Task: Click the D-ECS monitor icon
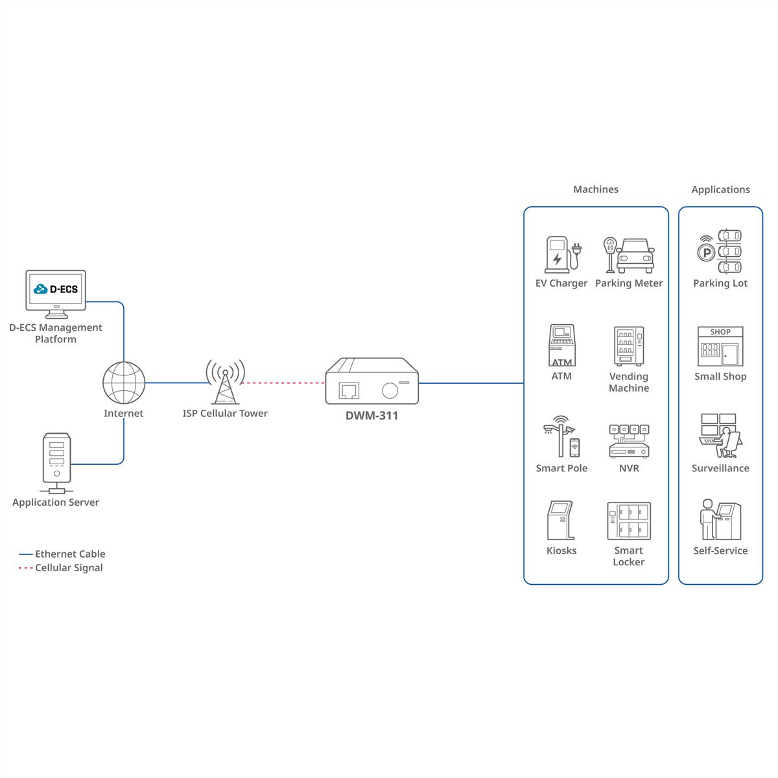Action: click(56, 294)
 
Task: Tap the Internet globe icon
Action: click(124, 383)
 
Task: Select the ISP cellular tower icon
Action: click(225, 381)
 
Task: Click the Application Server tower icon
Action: click(56, 463)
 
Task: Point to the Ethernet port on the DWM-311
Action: click(349, 390)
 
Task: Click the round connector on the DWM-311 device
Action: click(390, 390)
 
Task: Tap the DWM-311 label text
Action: click(372, 416)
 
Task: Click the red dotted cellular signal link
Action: click(283, 383)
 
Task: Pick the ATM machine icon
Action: click(561, 345)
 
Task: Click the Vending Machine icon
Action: click(629, 346)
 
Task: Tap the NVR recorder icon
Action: click(629, 442)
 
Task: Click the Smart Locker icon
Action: click(629, 521)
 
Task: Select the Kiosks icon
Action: click(561, 521)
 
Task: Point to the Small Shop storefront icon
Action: click(720, 346)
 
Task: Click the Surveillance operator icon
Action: click(720, 436)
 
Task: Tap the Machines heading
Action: click(596, 189)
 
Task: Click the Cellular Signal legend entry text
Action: click(69, 568)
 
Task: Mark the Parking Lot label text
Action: click(720, 283)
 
